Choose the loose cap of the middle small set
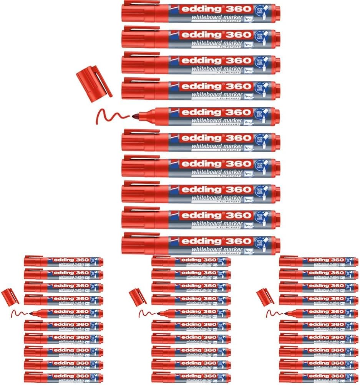(x=137, y=297)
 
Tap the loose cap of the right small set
(x=265, y=297)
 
